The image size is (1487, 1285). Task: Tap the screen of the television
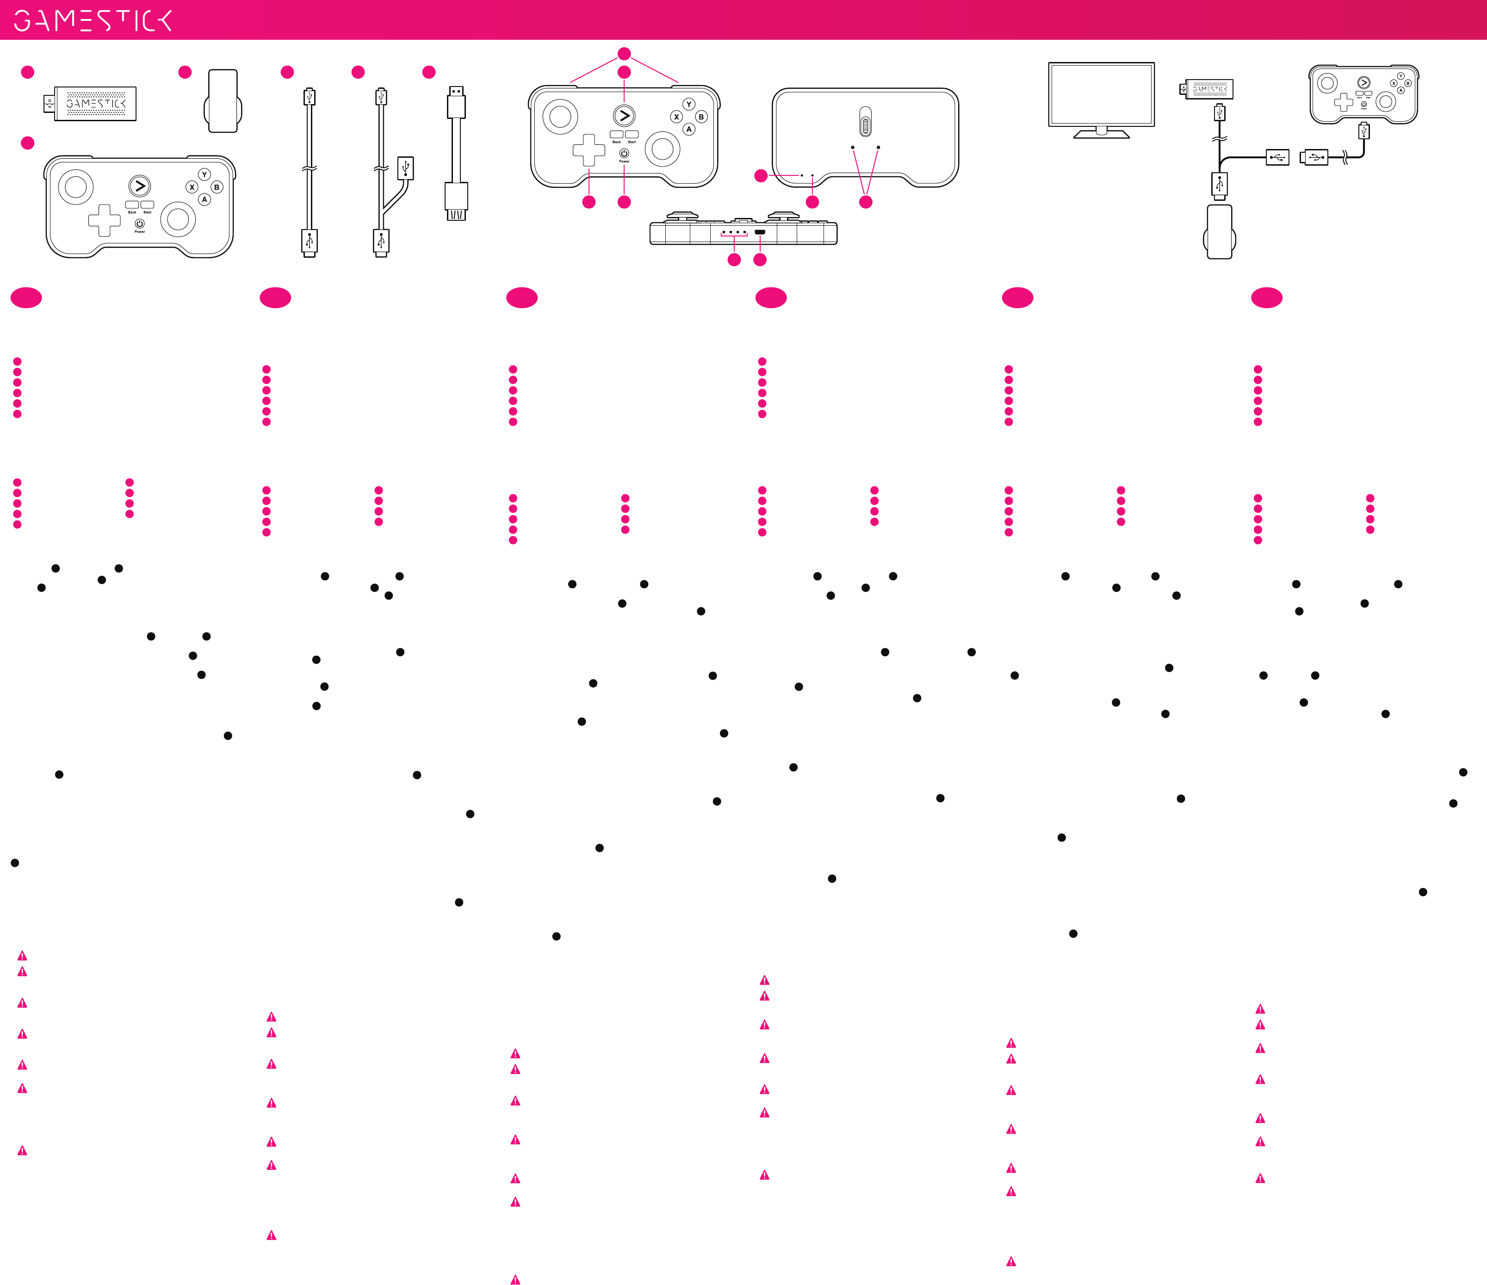1101,93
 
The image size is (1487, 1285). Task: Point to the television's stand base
1101,134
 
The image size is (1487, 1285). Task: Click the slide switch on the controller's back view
866,123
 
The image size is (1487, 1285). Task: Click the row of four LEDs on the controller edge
733,233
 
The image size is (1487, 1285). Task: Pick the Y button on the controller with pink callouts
689,104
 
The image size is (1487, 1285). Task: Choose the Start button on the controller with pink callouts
632,134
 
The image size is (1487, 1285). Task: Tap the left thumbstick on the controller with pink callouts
560,116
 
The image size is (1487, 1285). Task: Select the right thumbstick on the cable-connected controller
1385,102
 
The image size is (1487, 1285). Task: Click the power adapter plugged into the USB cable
1219,232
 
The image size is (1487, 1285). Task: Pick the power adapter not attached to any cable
223,101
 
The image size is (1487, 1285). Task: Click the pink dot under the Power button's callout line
625,202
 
